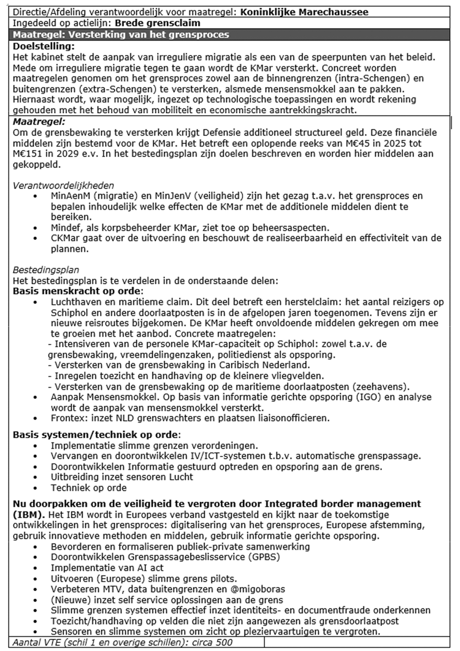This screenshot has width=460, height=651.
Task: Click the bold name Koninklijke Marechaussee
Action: pyautogui.click(x=304, y=12)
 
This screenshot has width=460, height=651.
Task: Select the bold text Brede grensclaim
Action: pyautogui.click(x=157, y=23)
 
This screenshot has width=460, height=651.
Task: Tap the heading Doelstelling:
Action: pyautogui.click(x=44, y=46)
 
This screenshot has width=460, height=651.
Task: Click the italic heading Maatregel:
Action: pyautogui.click(x=39, y=122)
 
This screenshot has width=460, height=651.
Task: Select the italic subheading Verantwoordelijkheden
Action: pyautogui.click(x=63, y=186)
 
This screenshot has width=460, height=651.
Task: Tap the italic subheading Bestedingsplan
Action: pyautogui.click(x=46, y=270)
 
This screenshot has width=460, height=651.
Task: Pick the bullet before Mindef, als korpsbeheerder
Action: pyautogui.click(x=35, y=228)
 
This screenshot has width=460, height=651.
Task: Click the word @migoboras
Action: pyautogui.click(x=258, y=589)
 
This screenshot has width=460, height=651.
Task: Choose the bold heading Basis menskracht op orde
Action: pyautogui.click(x=77, y=291)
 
